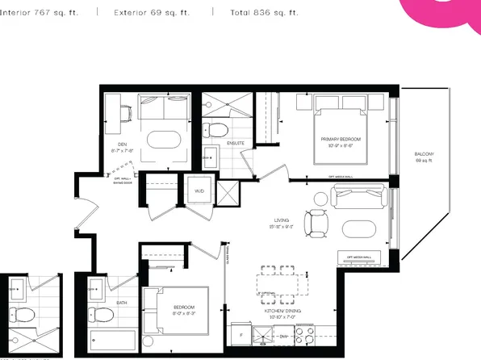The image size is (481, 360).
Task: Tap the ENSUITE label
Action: click(236, 144)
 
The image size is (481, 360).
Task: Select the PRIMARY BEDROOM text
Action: click(340, 140)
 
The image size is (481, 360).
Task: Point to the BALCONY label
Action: click(425, 154)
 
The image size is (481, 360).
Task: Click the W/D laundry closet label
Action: click(199, 191)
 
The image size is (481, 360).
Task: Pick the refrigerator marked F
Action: click(242, 333)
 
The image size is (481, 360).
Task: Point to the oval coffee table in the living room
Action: click(358, 230)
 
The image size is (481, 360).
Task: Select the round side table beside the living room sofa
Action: click(320, 196)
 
